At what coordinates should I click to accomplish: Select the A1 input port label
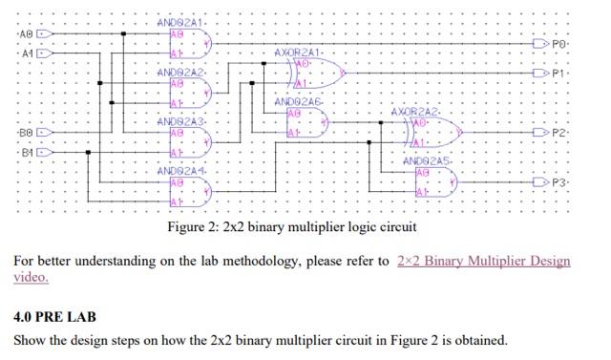coord(26,53)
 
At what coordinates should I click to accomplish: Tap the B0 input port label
coord(26,133)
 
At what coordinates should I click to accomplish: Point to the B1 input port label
coord(26,152)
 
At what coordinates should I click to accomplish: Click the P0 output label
coord(559,44)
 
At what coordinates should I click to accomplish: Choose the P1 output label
coord(559,73)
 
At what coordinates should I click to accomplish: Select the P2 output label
coord(559,134)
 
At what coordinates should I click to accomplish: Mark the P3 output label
coord(559,181)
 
